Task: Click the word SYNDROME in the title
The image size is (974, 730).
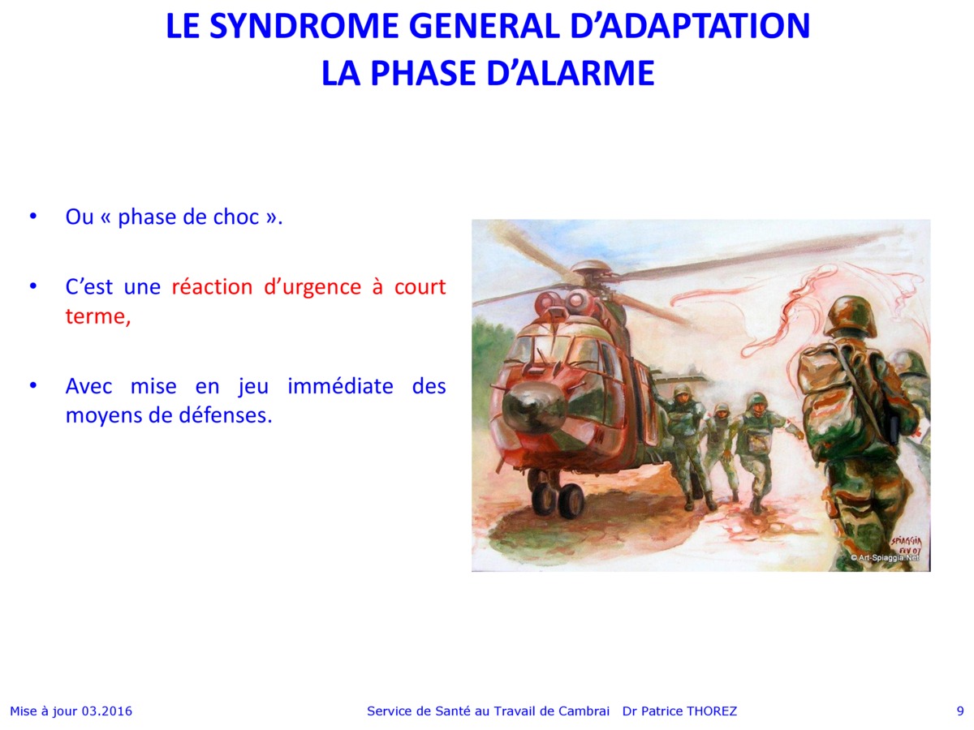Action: [304, 26]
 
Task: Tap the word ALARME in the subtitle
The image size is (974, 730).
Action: [585, 73]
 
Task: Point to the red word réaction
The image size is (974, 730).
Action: [212, 286]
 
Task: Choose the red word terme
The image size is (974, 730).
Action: [98, 316]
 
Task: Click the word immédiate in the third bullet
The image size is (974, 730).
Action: [340, 385]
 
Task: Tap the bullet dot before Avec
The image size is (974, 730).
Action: [32, 386]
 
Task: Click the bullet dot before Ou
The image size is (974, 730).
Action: [32, 217]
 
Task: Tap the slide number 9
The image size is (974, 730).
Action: [960, 711]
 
